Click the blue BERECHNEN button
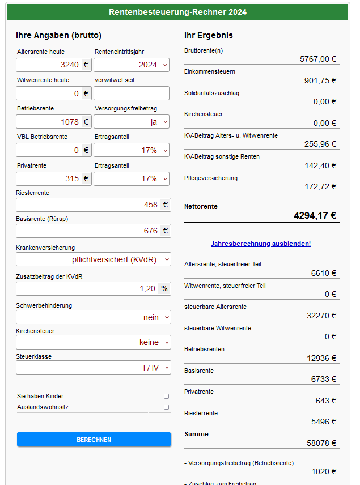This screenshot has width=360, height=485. (94, 440)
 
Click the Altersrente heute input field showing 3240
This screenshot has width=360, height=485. (49, 65)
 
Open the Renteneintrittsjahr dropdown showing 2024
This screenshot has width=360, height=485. (131, 65)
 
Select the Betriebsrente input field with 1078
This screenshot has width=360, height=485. (49, 122)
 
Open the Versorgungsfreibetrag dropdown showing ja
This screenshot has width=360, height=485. (131, 122)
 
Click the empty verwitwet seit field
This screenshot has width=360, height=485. (131, 93)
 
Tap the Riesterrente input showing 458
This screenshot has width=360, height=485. (88, 205)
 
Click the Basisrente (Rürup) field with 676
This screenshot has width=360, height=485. (88, 231)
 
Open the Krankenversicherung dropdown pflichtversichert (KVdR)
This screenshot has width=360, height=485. (93, 259)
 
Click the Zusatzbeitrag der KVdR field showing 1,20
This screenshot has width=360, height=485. (88, 288)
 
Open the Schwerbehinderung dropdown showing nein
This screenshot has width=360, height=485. (93, 317)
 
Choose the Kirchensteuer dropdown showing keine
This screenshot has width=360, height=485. (93, 342)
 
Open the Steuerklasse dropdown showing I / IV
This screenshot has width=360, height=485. (93, 368)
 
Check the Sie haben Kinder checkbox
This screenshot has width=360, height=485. (166, 397)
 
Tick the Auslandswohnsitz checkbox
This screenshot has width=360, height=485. (166, 407)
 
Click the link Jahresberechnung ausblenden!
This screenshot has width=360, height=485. (261, 244)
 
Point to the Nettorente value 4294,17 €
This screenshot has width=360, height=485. (315, 215)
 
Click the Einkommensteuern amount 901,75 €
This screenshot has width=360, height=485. (320, 80)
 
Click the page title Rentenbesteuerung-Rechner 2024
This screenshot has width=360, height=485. (177, 12)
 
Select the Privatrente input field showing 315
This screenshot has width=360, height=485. (49, 178)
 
